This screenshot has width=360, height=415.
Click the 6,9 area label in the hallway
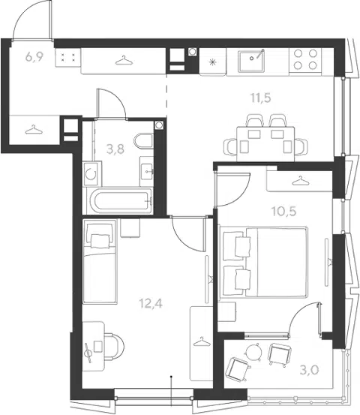pos(34,57)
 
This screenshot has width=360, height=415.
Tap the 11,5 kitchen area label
pos(261,98)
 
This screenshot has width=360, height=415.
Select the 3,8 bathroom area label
pos(115,149)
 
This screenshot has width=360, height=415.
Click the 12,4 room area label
pos(151,304)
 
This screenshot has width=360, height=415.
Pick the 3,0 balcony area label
pos(309,370)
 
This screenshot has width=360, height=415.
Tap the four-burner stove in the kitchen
pos(305,59)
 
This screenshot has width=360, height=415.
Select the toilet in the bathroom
pos(144,141)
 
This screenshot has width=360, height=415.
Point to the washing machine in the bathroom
pos(91,174)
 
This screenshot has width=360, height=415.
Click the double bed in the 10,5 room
pos(263,262)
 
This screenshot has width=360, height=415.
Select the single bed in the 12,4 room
pos(100,261)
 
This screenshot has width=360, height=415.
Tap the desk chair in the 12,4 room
pos(114,346)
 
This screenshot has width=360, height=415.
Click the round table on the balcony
pos(253,352)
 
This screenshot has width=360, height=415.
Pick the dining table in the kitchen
pos(265,144)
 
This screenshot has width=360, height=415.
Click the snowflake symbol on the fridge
pos(211,62)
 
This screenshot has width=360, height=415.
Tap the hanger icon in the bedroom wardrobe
pos(300,181)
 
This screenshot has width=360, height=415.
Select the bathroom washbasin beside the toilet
pos(146,172)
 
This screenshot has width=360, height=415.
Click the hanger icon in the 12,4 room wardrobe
pos(202,341)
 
